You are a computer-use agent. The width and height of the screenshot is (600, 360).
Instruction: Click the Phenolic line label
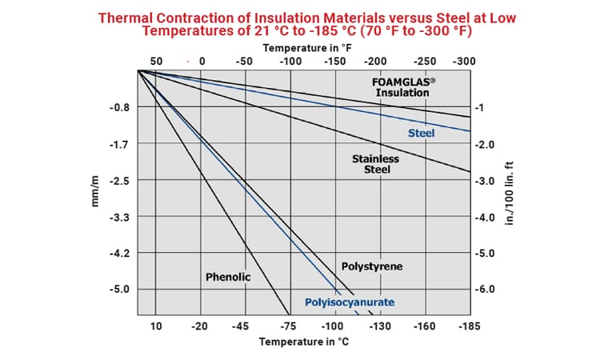[228, 277]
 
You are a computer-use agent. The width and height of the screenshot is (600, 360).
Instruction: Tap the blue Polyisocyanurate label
[350, 302]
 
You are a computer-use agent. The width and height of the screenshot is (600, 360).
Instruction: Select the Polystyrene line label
[371, 266]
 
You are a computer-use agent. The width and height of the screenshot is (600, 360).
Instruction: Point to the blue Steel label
[421, 133]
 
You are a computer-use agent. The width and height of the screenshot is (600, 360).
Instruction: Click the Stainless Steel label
[375, 164]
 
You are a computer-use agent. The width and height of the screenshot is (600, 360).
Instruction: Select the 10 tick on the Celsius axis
[156, 326]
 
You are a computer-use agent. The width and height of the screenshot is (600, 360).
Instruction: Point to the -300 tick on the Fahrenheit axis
[464, 62]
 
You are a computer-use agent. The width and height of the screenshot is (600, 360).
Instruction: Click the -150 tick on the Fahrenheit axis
[333, 62]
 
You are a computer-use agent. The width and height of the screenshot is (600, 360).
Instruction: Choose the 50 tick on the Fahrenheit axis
[156, 62]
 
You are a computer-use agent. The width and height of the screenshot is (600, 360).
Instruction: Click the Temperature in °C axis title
[304, 342]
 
